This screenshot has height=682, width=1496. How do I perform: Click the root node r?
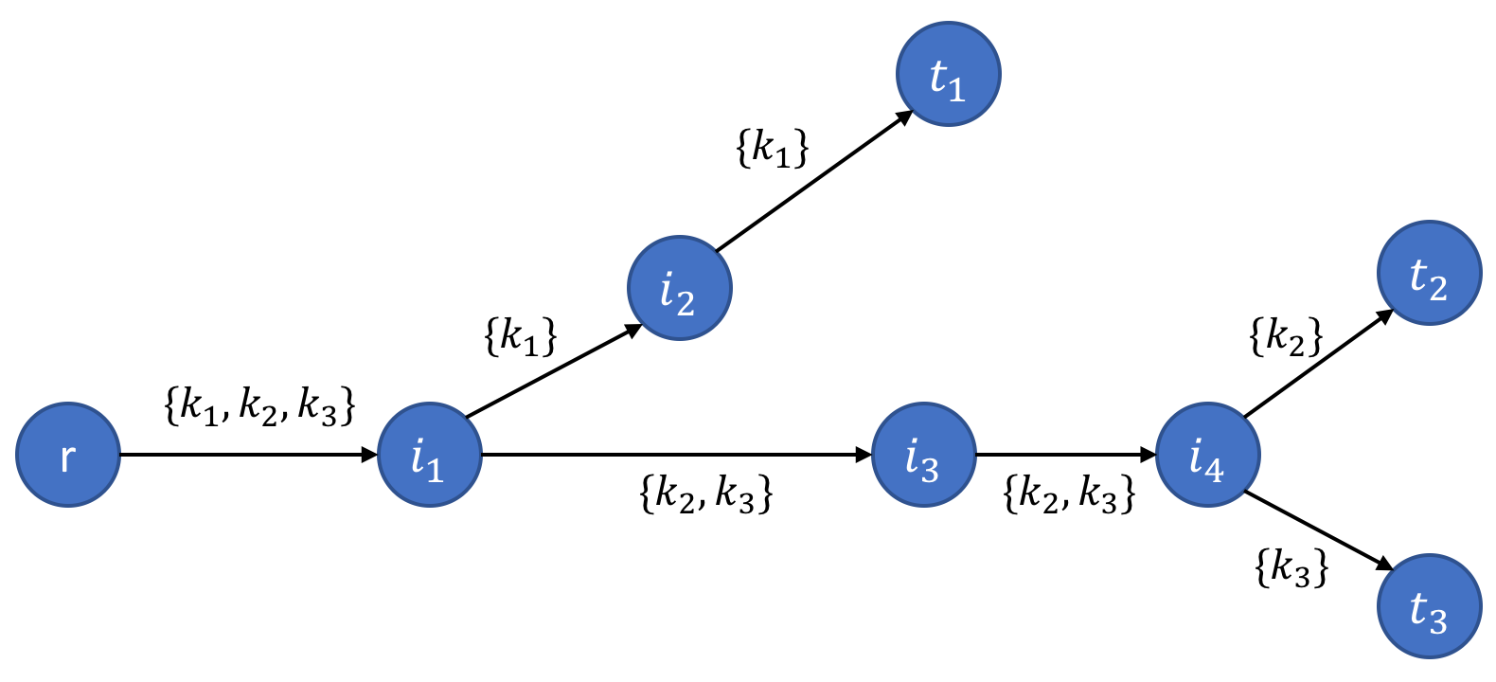pyautogui.click(x=68, y=455)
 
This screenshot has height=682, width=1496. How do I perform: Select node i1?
pyautogui.click(x=430, y=455)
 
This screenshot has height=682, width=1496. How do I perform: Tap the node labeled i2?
pyautogui.click(x=680, y=288)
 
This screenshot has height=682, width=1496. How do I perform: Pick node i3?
pyautogui.click(x=923, y=455)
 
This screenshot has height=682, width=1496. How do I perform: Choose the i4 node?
pyautogui.click(x=1208, y=455)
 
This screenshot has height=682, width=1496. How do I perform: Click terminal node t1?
pyautogui.click(x=949, y=74)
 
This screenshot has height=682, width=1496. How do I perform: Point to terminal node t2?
pyautogui.click(x=1429, y=273)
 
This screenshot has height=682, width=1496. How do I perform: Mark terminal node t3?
pyautogui.click(x=1429, y=606)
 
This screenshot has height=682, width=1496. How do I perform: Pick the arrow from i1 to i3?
pyautogui.click(x=676, y=455)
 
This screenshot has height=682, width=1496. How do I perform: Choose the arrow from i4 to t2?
pyautogui.click(x=1318, y=364)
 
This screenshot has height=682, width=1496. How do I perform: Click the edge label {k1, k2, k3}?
pyautogui.click(x=259, y=404)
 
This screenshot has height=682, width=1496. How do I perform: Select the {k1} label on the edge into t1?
pyautogui.click(x=773, y=148)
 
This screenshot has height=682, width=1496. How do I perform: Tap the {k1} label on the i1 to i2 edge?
pyautogui.click(x=520, y=335)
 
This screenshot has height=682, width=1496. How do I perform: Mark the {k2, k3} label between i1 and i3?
pyautogui.click(x=706, y=494)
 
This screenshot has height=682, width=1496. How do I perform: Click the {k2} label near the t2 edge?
pyautogui.click(x=1286, y=336)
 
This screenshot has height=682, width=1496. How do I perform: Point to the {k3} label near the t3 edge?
pyautogui.click(x=1291, y=566)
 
